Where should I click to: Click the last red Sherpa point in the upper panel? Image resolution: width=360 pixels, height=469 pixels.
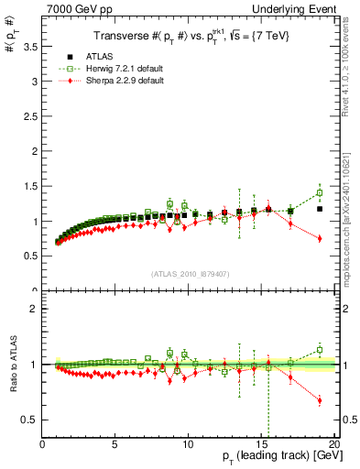tap(319, 238)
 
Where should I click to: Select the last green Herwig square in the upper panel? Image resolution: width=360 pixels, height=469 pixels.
tap(319, 193)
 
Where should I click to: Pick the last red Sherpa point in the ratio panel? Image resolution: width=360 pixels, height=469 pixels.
tap(319, 400)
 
